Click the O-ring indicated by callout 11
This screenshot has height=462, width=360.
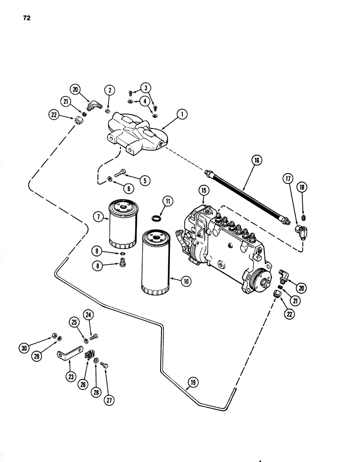(x=156, y=217)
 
